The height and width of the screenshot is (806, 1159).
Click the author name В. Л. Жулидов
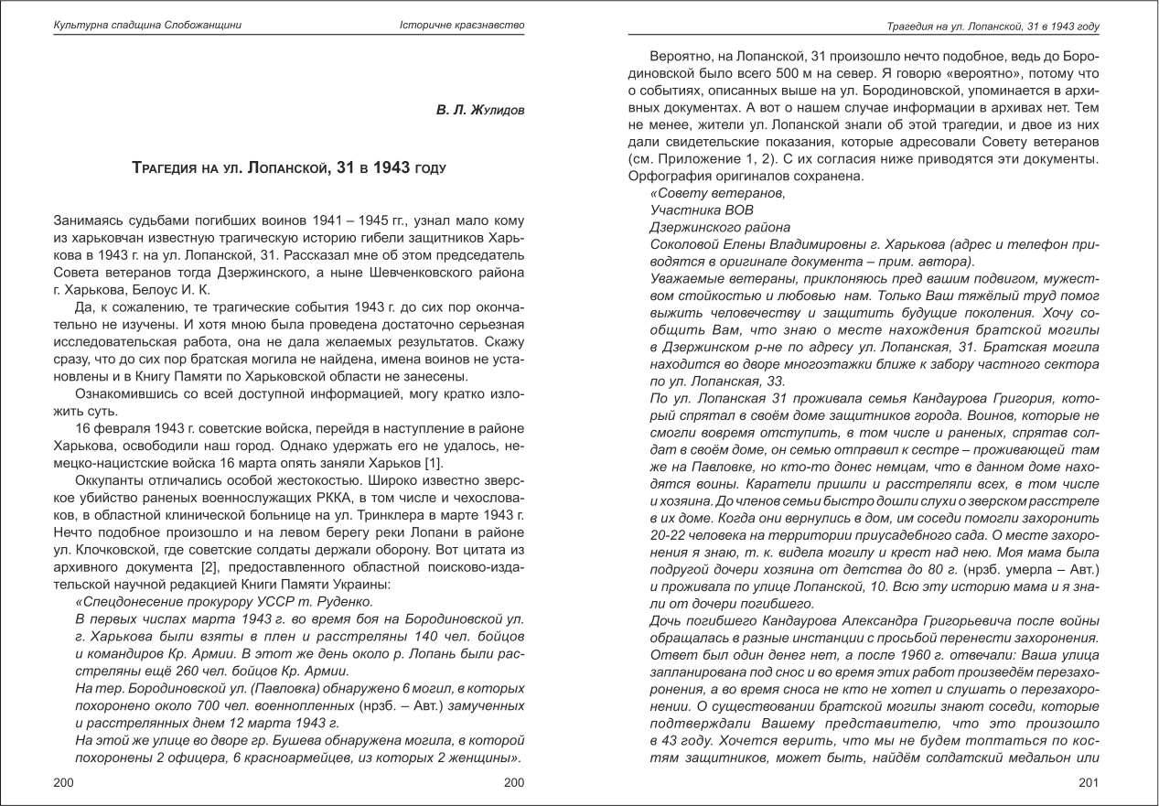coord(479,110)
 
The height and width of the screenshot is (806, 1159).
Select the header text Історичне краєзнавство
coord(462,25)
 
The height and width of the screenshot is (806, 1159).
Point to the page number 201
coord(1088,782)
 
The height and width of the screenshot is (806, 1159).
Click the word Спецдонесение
coord(124,602)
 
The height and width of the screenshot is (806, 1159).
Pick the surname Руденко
coord(343,602)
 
